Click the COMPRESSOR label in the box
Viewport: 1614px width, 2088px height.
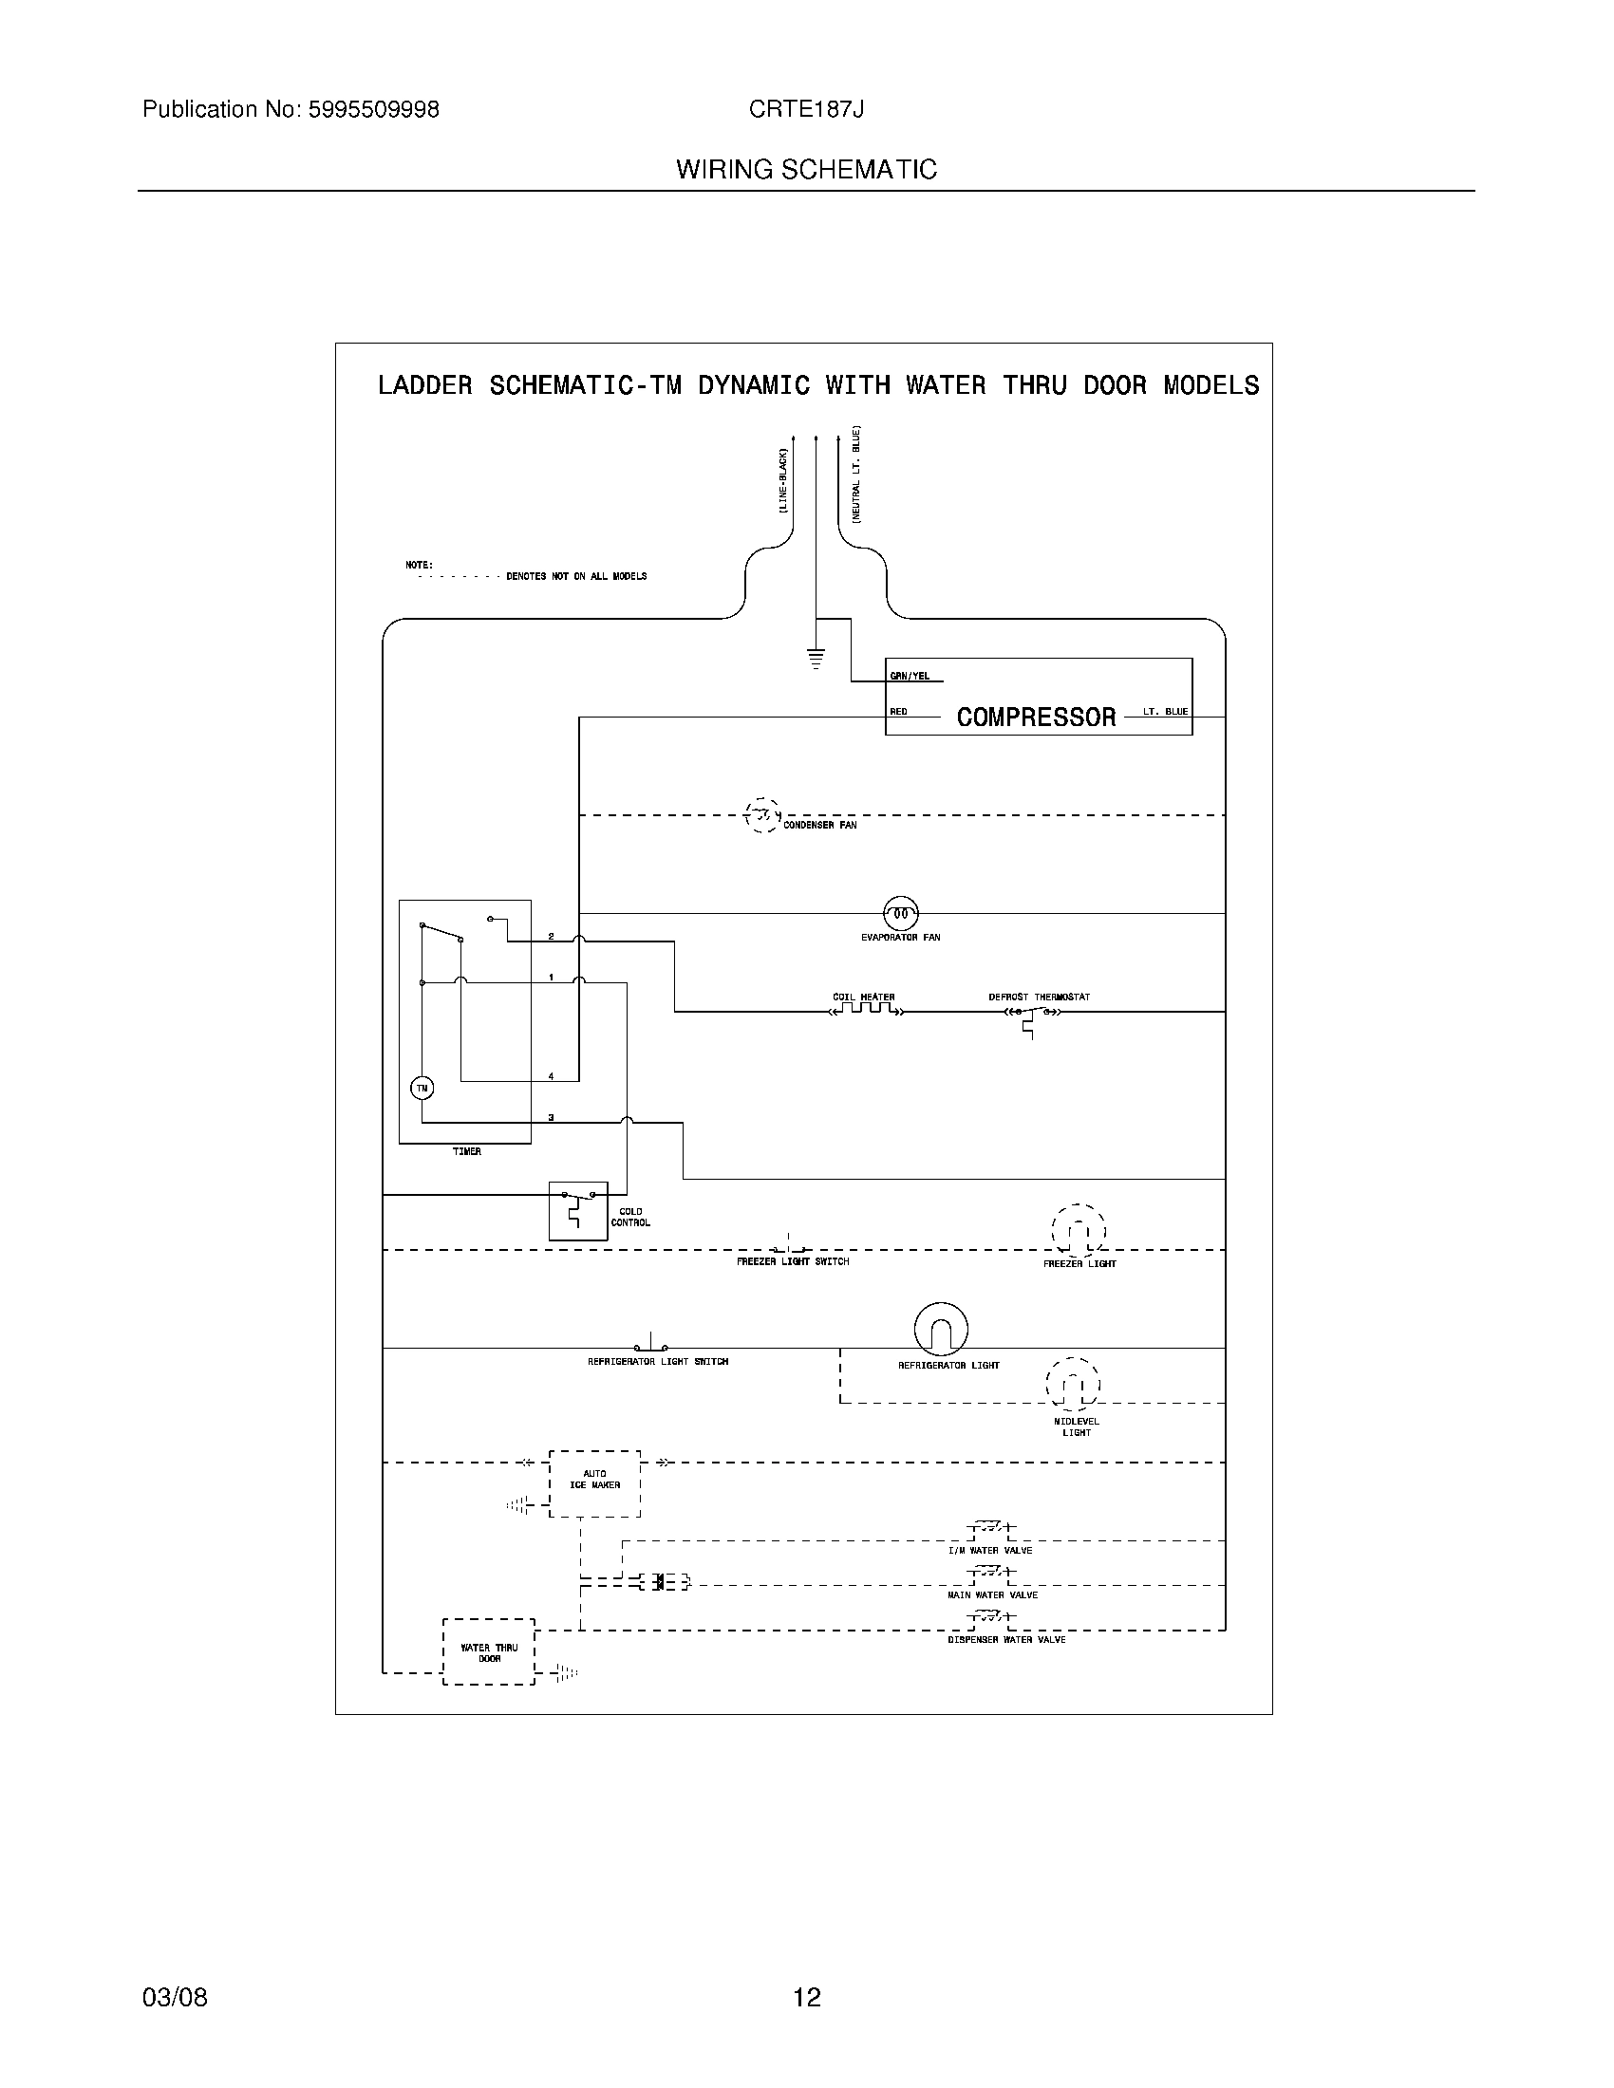pyautogui.click(x=1036, y=717)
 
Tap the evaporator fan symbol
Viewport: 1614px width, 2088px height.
pyautogui.click(x=900, y=914)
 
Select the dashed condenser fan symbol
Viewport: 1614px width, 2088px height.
pyautogui.click(x=762, y=815)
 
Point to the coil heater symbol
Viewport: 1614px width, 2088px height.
pyautogui.click(x=864, y=1009)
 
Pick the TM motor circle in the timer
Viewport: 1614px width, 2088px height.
pyautogui.click(x=422, y=1088)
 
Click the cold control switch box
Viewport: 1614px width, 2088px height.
pyautogui.click(x=577, y=1210)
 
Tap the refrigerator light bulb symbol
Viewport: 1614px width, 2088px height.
pyautogui.click(x=941, y=1329)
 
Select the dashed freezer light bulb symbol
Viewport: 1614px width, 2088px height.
pyautogui.click(x=1079, y=1231)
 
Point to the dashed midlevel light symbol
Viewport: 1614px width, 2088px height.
pyautogui.click(x=1073, y=1384)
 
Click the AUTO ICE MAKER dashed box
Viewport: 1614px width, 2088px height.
pyautogui.click(x=594, y=1482)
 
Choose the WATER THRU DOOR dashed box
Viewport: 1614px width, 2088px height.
pyautogui.click(x=489, y=1652)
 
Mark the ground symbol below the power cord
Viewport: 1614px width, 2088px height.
pyautogui.click(x=816, y=657)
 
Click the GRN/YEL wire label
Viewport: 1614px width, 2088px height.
pyautogui.click(x=910, y=676)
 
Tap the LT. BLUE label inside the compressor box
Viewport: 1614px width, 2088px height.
pyautogui.click(x=1166, y=711)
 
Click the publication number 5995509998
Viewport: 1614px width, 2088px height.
pyautogui.click(x=374, y=110)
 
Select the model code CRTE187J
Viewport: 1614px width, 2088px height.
pyautogui.click(x=806, y=110)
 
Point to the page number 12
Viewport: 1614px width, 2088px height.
pyautogui.click(x=807, y=1997)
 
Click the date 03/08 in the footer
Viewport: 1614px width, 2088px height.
pyautogui.click(x=175, y=1997)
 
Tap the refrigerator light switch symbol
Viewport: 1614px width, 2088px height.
pyautogui.click(x=651, y=1343)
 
